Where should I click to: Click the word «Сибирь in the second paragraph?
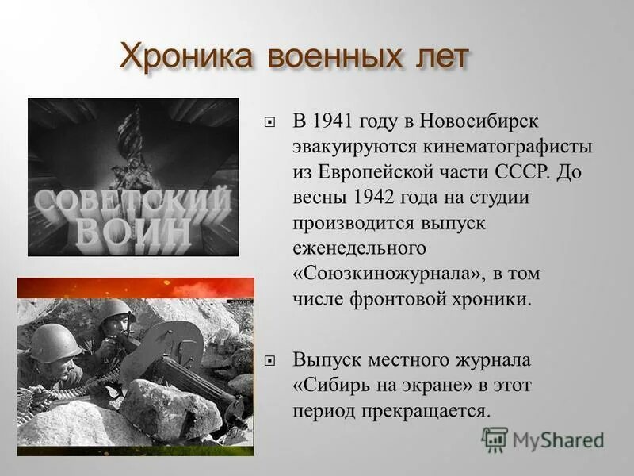coord(330,386)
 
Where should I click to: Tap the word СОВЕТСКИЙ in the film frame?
coord(132,201)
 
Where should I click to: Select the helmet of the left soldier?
coord(55,342)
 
